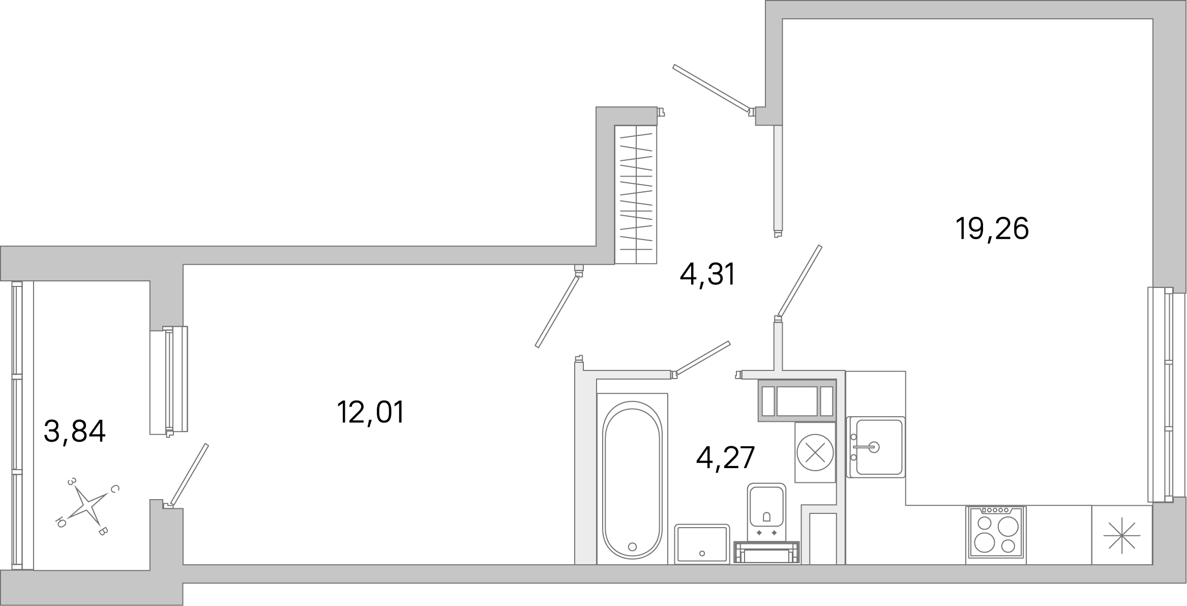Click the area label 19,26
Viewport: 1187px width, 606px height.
click(992, 229)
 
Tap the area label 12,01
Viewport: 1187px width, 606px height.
click(370, 412)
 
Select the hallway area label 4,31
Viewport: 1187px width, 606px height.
click(707, 275)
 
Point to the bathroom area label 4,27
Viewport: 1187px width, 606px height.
click(725, 458)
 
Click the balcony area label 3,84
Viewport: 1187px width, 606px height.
click(74, 431)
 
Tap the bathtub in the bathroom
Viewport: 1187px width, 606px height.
click(632, 478)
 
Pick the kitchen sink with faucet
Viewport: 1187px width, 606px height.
click(876, 447)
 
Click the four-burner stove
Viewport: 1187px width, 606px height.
click(996, 535)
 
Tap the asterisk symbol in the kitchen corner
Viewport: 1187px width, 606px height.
click(1121, 535)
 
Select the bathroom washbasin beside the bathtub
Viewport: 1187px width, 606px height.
click(702, 544)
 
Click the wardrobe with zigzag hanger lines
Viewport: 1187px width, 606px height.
click(636, 194)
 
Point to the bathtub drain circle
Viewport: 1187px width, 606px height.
click(632, 547)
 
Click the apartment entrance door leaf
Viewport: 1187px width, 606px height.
click(711, 88)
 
